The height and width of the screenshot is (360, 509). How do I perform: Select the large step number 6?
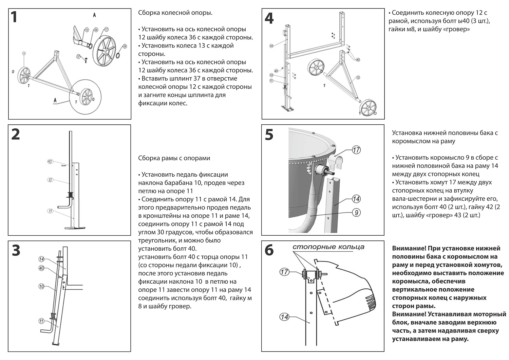pos(269,250)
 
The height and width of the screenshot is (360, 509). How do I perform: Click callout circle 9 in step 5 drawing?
pos(356,213)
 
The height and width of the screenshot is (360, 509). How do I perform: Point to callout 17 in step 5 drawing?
pos(356,150)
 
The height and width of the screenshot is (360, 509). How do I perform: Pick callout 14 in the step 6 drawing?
pos(284,317)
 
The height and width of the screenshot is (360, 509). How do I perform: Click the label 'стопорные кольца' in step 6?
pos(328,247)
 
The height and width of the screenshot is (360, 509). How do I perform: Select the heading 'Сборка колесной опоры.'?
pos(175,13)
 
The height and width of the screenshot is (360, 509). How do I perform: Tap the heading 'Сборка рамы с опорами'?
pos(174,158)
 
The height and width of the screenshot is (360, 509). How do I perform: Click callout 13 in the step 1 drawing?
pos(24,53)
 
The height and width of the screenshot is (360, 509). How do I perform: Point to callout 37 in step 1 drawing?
pos(78,56)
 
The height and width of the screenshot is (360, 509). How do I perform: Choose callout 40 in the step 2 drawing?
pos(50,162)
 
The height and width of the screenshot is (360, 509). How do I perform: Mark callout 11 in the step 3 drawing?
pos(41,321)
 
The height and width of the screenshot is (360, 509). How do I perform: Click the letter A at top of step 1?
pos(94,15)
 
